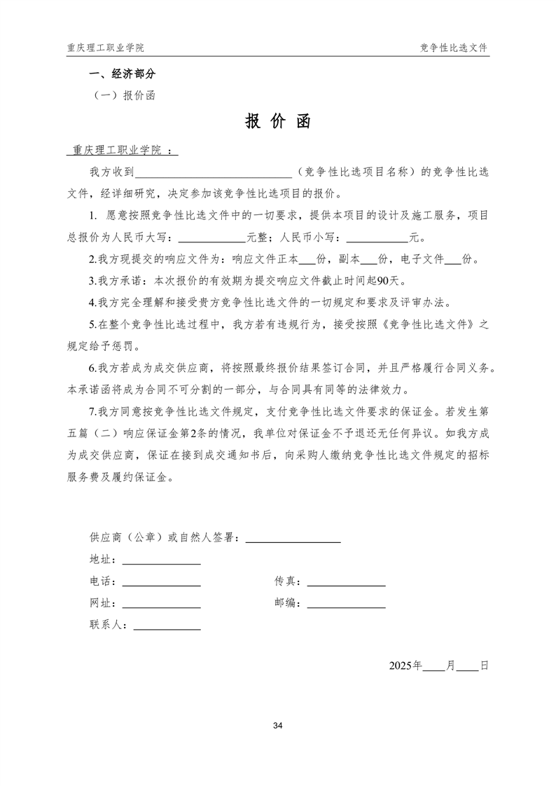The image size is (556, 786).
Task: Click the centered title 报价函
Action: click(x=278, y=122)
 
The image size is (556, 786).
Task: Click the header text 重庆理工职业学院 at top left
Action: click(x=106, y=48)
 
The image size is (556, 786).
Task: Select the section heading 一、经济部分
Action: click(x=121, y=74)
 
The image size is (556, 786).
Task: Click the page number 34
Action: click(x=278, y=725)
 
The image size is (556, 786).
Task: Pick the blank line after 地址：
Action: click(x=162, y=560)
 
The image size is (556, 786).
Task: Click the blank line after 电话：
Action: click(x=162, y=582)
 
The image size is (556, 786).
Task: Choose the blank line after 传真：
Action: click(x=347, y=582)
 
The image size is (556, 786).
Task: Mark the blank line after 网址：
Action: click(x=162, y=604)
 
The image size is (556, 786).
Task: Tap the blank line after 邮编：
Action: click(x=347, y=604)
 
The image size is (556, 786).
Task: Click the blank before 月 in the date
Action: click(x=434, y=666)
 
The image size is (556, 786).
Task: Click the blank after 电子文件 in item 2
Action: click(x=453, y=260)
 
